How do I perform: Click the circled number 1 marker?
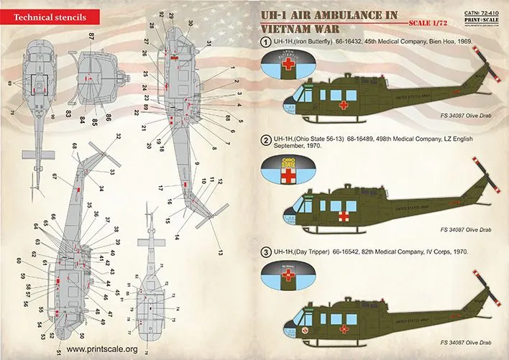coord(265,42)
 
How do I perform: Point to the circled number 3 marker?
coord(265,252)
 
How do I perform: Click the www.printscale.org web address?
coord(96,349)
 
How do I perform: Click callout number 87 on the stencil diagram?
coord(91,35)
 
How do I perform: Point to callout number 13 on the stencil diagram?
coord(221,251)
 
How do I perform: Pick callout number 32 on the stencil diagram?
coord(118,136)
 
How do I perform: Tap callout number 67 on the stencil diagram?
coord(55,176)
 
